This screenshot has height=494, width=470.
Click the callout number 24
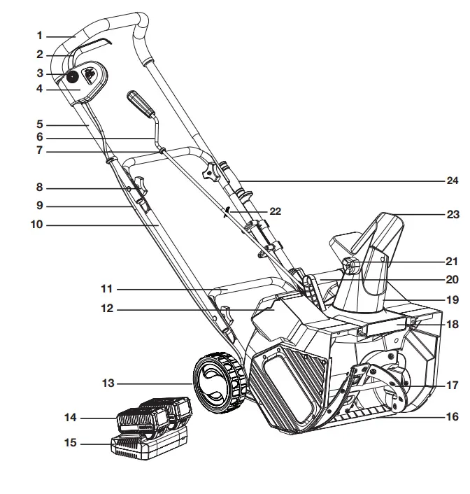(x=453, y=180)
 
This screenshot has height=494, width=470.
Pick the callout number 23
(x=453, y=216)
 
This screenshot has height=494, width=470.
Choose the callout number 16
(x=453, y=417)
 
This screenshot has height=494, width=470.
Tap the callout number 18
(x=453, y=325)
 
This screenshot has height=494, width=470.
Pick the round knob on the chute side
(x=349, y=266)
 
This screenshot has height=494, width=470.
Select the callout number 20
(x=453, y=279)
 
